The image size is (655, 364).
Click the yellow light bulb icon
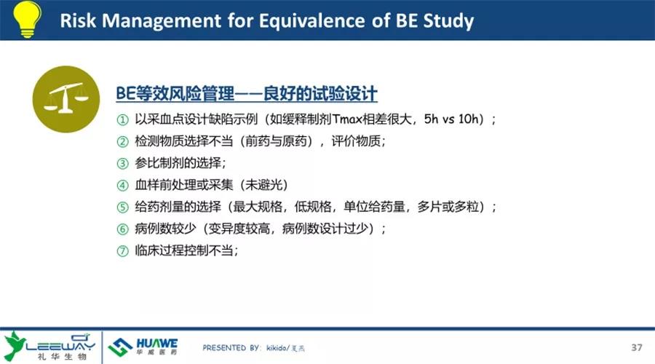[27, 19]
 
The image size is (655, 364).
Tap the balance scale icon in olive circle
[66, 99]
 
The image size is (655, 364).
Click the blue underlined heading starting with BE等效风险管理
[247, 94]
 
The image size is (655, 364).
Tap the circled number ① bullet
[122, 120]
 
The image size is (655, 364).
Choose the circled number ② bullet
[122, 142]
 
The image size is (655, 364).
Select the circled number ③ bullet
[122, 163]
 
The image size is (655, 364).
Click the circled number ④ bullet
[122, 185]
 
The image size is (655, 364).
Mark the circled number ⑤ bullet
[122, 207]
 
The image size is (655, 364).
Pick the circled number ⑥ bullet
[122, 229]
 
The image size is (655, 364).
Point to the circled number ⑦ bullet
[122, 250]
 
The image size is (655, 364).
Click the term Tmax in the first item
[347, 119]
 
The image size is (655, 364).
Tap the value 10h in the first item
[468, 119]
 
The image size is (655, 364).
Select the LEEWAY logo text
[60, 346]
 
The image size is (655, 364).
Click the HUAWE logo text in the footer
[157, 343]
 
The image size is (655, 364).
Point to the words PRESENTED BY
[231, 348]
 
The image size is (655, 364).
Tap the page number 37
[637, 347]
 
